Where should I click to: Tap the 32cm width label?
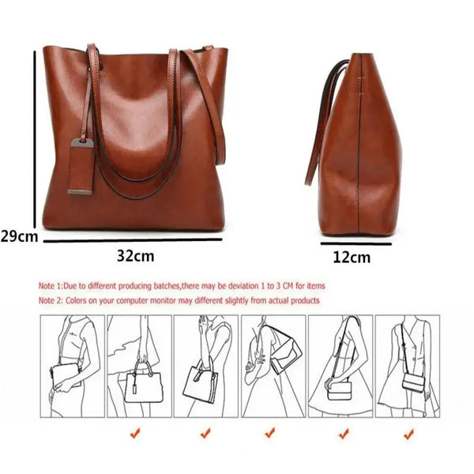click(x=135, y=256)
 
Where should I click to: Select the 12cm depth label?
click(x=352, y=257)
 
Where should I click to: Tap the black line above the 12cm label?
click(x=356, y=244)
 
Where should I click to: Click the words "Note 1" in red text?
click(x=51, y=285)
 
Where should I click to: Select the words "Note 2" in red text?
click(x=52, y=301)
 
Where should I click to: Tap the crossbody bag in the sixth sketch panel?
click(x=413, y=382)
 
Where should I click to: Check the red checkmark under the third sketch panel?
click(x=270, y=433)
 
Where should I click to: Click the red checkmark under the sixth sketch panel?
click(x=408, y=433)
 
